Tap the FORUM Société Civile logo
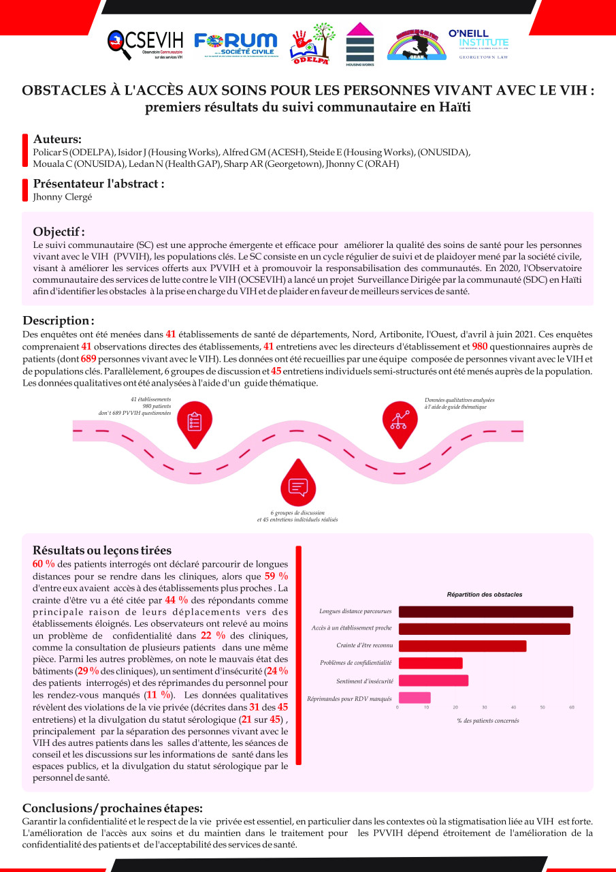click(236, 45)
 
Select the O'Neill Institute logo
click(479, 44)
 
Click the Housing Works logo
click(360, 44)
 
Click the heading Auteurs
click(57, 139)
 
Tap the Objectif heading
click(59, 232)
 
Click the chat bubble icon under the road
click(298, 486)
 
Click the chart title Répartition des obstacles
click(485, 594)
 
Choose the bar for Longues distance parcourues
click(485, 612)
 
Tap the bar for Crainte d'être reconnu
click(462, 646)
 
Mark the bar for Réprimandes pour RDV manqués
click(414, 698)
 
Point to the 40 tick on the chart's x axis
click(513, 708)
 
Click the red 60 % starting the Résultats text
click(44, 564)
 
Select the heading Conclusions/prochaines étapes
click(112, 808)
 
